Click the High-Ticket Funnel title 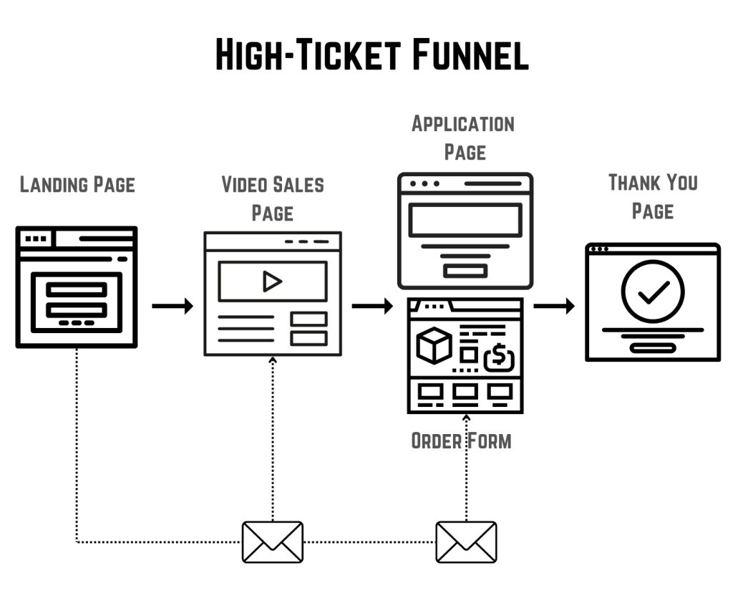click(372, 56)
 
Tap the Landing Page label click(77, 185)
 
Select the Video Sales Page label click(273, 198)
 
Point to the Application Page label click(463, 138)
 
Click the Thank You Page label click(653, 196)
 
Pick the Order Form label click(462, 441)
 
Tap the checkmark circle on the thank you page click(653, 291)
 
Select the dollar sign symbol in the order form click(499, 356)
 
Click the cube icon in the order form click(434, 345)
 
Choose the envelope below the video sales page click(273, 542)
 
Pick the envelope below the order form click(466, 542)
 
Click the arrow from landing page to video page click(173, 307)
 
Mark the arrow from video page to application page click(372, 307)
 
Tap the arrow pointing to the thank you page click(554, 307)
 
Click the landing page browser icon click(77, 287)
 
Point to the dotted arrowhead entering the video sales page click(273, 360)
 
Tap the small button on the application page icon click(465, 271)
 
